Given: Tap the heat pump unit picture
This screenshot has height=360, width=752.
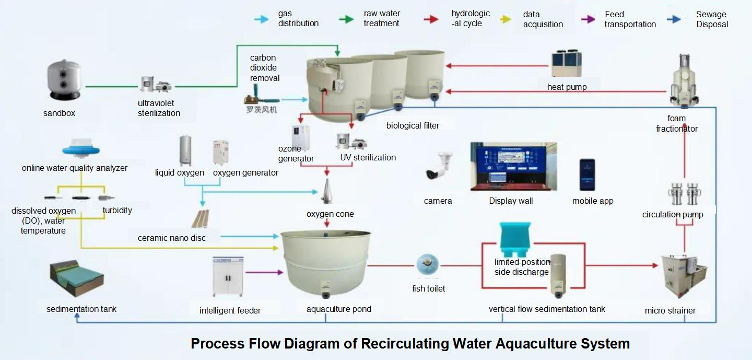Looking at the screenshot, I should [x=567, y=64].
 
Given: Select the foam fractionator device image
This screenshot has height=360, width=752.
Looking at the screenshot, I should [x=684, y=81].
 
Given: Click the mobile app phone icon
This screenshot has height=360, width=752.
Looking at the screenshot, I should [x=586, y=175].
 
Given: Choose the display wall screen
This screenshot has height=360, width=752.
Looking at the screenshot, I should [x=513, y=166].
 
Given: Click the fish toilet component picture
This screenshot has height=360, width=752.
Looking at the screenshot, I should [x=427, y=266].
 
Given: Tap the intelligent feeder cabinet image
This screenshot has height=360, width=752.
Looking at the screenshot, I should [x=228, y=277].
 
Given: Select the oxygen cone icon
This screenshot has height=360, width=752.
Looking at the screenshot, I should [x=327, y=192].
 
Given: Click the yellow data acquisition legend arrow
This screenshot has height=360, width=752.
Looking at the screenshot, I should [x=506, y=19].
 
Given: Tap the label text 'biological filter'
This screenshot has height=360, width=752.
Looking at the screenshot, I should [x=413, y=125].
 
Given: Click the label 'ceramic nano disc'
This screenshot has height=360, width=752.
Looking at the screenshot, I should [x=172, y=238].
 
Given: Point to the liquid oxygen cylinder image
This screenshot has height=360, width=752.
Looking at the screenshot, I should [x=185, y=151].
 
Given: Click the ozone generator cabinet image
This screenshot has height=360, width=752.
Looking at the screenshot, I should [x=300, y=137].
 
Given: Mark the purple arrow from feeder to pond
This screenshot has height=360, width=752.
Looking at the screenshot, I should [x=264, y=272].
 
